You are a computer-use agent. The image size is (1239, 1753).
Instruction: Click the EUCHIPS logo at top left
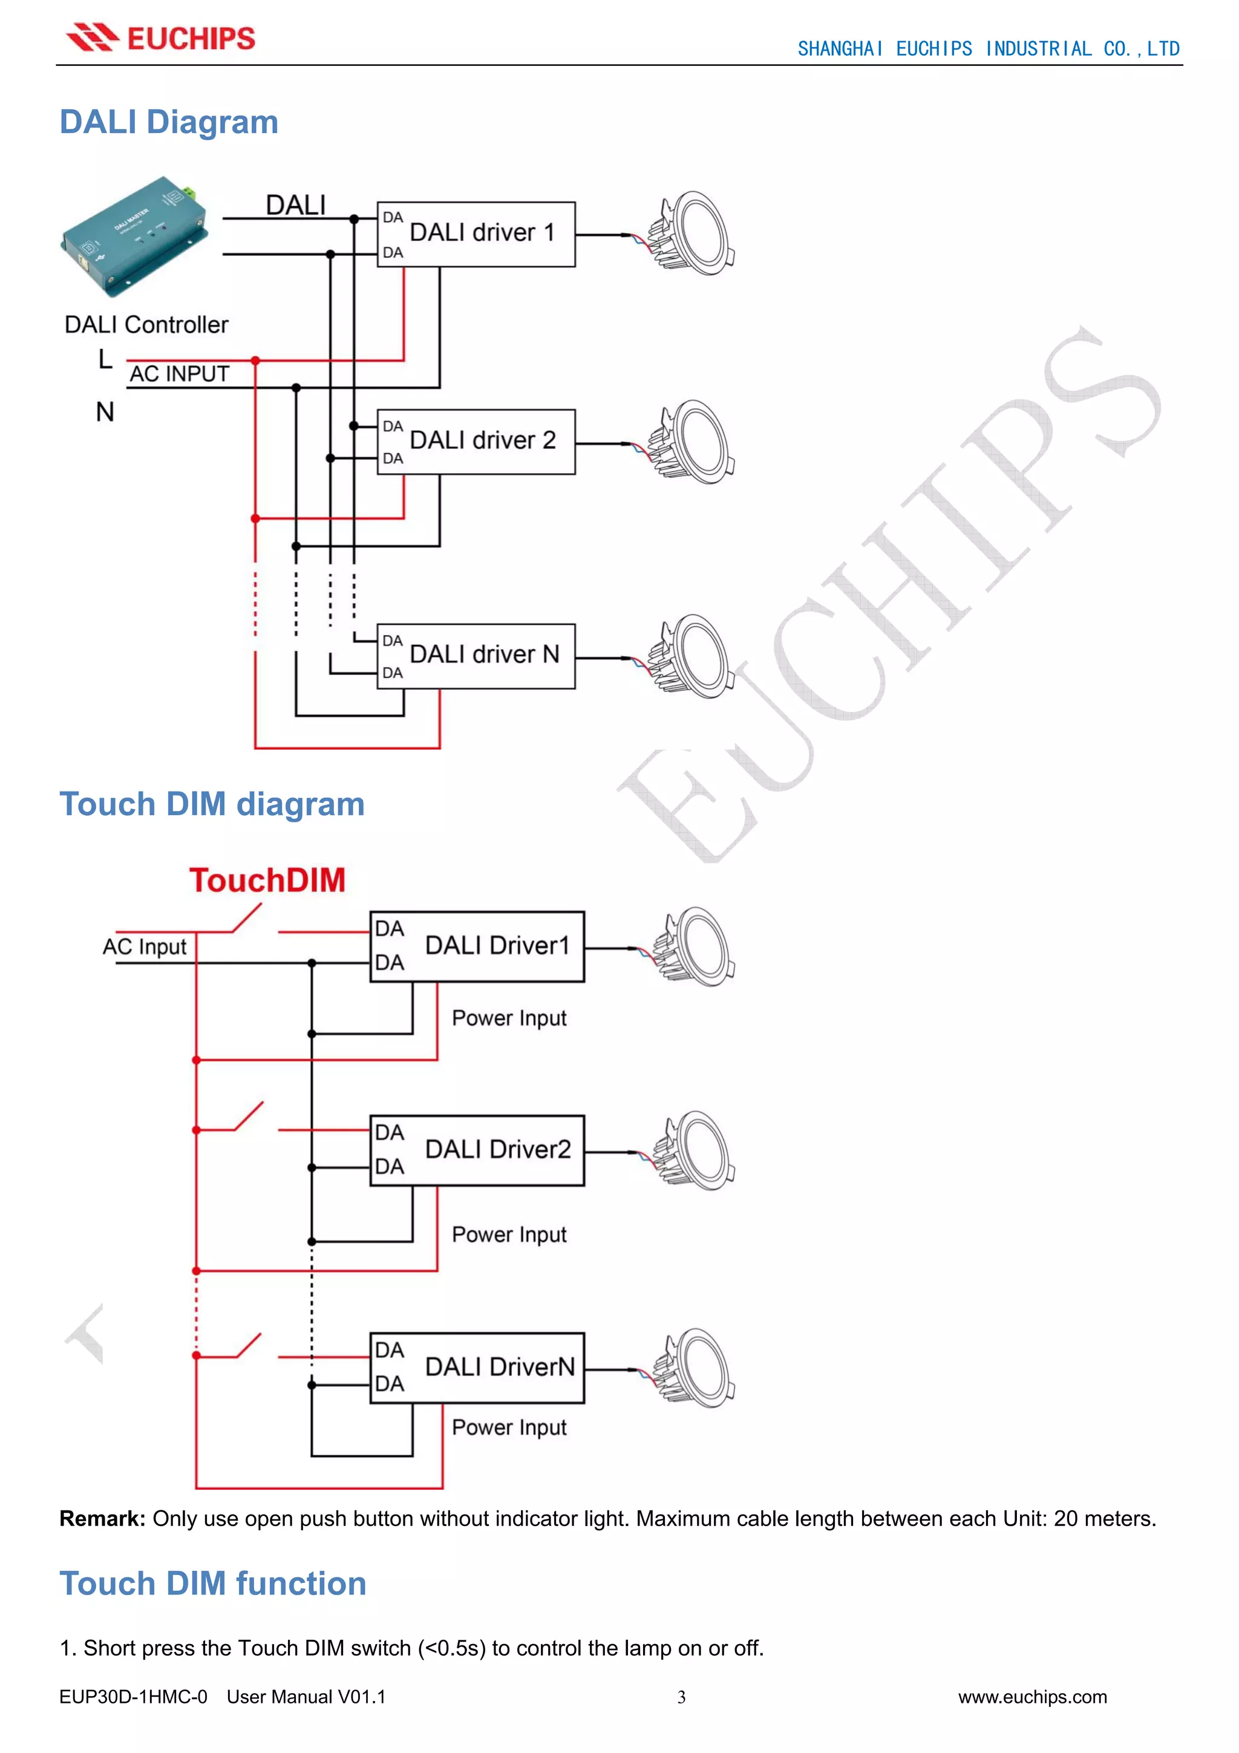click(x=160, y=38)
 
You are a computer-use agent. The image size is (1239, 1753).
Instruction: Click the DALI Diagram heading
click(x=169, y=122)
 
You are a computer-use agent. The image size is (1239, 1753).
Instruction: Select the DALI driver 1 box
click(x=476, y=234)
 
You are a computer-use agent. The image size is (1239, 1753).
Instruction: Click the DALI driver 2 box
click(x=476, y=441)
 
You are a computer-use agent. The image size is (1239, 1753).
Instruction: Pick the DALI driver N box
click(x=476, y=656)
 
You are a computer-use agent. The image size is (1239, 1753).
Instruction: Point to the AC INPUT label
click(x=180, y=374)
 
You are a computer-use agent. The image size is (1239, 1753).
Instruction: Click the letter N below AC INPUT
click(x=105, y=412)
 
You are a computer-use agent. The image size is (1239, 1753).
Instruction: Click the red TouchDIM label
click(x=267, y=880)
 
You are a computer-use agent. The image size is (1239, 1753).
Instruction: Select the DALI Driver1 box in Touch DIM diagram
click(x=477, y=946)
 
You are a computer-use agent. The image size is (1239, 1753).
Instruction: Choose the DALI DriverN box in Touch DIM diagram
click(x=477, y=1368)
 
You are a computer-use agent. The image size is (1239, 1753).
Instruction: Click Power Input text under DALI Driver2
click(x=509, y=1234)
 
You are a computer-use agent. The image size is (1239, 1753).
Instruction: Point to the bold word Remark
click(x=102, y=1519)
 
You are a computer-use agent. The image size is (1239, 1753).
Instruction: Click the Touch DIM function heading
click(x=213, y=1584)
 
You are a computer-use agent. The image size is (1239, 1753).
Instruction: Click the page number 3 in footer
click(x=681, y=1697)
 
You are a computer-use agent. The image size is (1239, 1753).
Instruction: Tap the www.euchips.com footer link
click(x=1032, y=1697)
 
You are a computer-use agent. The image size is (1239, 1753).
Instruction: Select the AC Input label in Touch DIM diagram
click(x=144, y=947)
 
